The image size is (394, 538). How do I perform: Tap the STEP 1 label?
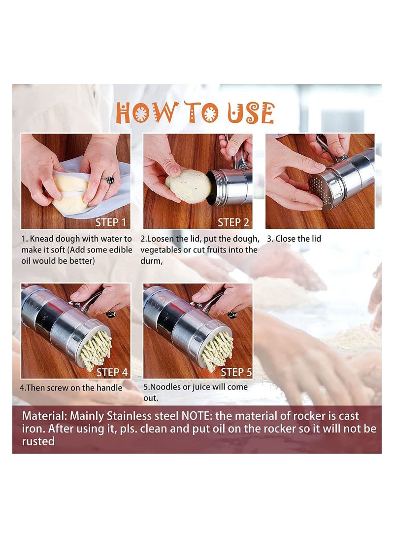[x=110, y=222]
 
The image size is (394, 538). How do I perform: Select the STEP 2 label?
[x=233, y=222]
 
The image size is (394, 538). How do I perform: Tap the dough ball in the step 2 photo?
[x=188, y=185]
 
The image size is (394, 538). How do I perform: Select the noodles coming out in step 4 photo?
[x=97, y=349]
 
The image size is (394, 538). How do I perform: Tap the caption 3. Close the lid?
[x=294, y=239]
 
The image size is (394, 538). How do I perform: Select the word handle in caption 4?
[x=109, y=388]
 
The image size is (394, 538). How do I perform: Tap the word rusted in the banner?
[x=38, y=441]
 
